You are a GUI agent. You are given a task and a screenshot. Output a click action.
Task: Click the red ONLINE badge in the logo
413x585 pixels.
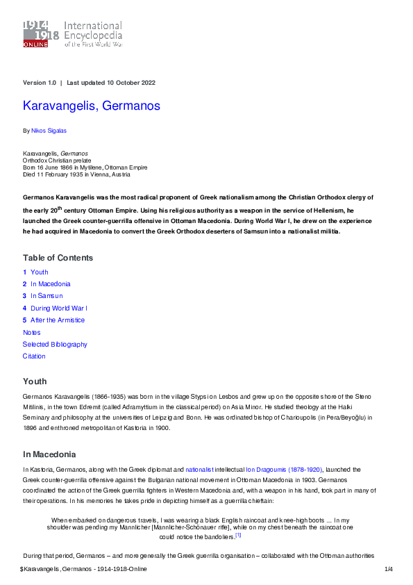35,44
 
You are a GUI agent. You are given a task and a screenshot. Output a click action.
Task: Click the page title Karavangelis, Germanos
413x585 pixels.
92,106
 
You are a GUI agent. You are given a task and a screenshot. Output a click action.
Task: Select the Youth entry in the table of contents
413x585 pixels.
39,272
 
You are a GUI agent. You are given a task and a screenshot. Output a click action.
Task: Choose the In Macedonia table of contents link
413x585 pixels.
50,284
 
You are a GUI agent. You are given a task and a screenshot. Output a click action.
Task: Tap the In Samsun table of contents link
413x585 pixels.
47,296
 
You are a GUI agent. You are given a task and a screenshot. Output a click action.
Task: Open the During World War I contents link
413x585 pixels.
58,308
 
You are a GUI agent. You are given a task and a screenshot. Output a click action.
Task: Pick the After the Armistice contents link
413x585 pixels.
57,320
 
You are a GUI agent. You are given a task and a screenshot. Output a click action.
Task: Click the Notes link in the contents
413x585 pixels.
32,333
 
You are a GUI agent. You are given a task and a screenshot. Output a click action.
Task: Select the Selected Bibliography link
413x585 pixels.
55,345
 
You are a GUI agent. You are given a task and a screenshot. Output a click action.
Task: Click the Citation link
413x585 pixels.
34,356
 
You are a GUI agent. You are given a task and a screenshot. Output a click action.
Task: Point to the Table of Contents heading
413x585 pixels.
58,258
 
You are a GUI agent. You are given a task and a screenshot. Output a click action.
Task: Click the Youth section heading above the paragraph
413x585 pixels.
35,381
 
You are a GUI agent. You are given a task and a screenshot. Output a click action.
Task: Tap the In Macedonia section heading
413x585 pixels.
49,454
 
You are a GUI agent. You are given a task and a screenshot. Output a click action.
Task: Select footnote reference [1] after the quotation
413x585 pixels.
238,535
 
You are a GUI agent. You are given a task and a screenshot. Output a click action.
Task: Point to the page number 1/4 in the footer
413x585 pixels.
389,570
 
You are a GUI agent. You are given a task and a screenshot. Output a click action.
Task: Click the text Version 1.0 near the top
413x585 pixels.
40,83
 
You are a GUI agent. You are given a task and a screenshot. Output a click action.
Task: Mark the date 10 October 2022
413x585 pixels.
130,83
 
